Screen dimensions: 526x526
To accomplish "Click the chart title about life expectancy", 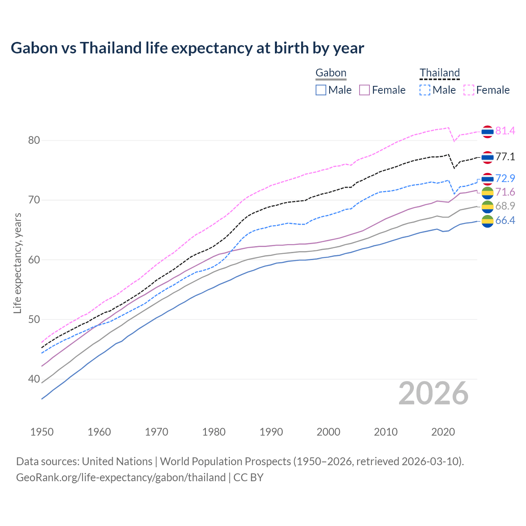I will click(x=187, y=48).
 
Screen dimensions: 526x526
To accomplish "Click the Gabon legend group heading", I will click(x=331, y=73).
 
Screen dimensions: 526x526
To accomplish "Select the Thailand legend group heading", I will click(x=439, y=73).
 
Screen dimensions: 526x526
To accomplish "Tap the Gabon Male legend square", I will click(x=321, y=90).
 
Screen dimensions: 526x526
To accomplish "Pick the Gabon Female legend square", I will click(x=365, y=90).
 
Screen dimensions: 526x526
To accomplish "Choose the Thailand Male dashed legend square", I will click(x=425, y=90).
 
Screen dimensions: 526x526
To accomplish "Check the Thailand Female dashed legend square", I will click(x=469, y=90).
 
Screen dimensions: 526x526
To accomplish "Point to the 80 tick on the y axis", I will click(x=34, y=141).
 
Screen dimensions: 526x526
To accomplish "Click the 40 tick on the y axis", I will click(x=34, y=379).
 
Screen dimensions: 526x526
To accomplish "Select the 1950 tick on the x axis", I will click(x=42, y=432).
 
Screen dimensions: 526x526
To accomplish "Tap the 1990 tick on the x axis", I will click(x=271, y=432).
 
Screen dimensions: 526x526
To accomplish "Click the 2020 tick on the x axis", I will click(x=443, y=432).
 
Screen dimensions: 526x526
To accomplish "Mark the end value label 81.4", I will click(x=505, y=131).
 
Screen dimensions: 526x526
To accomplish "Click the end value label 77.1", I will click(x=505, y=157).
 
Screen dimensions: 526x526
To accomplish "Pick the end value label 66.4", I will click(x=505, y=221).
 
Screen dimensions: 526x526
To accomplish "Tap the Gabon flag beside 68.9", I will click(x=487, y=206).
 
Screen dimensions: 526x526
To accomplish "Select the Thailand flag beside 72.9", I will click(x=487, y=179).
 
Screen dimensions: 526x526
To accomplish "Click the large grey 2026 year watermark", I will click(x=434, y=393).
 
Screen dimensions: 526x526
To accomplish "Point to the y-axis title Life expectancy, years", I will click(x=18, y=263).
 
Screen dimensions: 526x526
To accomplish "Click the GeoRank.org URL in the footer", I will click(x=121, y=478).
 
